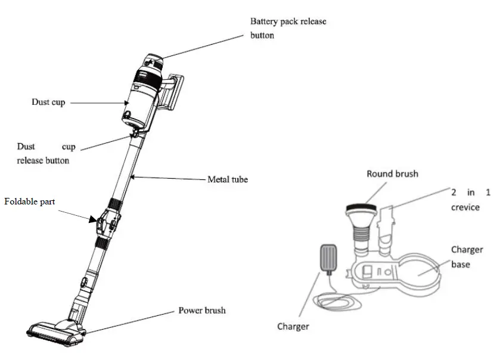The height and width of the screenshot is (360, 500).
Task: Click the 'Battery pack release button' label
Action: (x=288, y=28)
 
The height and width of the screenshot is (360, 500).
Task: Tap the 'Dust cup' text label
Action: (x=48, y=103)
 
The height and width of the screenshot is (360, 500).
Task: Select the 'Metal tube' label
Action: (x=227, y=179)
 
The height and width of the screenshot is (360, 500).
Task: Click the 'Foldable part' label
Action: (x=30, y=201)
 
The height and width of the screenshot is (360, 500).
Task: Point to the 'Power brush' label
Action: (x=202, y=311)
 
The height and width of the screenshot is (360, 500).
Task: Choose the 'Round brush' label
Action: (x=392, y=174)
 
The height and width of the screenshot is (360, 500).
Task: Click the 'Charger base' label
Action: (x=467, y=257)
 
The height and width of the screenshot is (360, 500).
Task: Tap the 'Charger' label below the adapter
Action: (x=293, y=326)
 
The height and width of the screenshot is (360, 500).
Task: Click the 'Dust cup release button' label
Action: (x=43, y=153)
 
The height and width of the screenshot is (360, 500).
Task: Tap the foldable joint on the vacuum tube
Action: (x=108, y=222)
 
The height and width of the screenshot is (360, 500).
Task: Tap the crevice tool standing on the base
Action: (x=387, y=226)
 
